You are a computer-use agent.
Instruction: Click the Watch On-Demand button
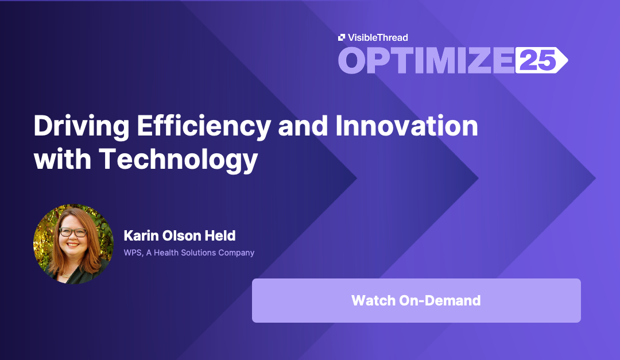tap(416, 300)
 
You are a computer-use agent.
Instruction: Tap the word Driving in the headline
tap(82, 126)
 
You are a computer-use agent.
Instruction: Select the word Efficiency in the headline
tap(204, 126)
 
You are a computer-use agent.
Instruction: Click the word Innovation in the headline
tap(406, 126)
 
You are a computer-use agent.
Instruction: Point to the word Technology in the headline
tap(179, 160)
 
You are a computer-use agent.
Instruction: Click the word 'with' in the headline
tap(63, 159)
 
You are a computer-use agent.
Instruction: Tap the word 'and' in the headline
tap(303, 126)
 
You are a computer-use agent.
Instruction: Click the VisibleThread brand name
tap(378, 37)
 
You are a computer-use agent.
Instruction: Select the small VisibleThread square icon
tap(342, 37)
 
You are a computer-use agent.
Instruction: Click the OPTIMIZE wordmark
tap(426, 60)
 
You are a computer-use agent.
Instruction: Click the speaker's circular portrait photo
tap(73, 243)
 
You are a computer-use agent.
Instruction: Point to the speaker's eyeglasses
tap(73, 233)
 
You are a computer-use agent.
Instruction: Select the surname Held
tap(220, 236)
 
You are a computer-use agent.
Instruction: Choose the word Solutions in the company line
tap(197, 253)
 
